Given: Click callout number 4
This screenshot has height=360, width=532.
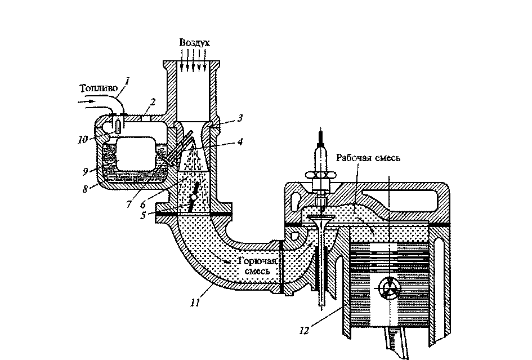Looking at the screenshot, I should tap(240, 142).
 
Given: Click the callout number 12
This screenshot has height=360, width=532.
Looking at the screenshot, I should tap(305, 330).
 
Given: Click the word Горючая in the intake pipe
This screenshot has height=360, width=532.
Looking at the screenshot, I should tap(257, 261).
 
